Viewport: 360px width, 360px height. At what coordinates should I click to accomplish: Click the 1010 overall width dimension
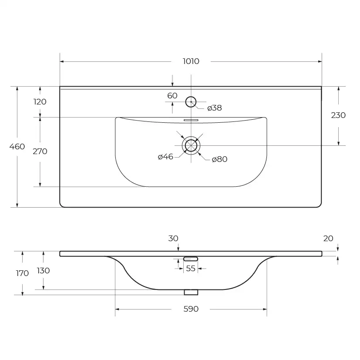point(191,61)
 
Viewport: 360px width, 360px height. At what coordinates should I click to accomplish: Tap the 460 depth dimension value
point(17,146)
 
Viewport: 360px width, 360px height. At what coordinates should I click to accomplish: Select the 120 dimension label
point(40,101)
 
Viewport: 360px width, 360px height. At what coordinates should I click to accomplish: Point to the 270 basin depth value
point(40,151)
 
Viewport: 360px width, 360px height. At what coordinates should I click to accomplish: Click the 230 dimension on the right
point(338,115)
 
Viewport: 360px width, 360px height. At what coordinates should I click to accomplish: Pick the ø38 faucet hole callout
point(215,108)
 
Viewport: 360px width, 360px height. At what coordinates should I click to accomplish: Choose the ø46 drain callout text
point(165,157)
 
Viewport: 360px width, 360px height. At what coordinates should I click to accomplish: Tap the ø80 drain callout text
point(219,159)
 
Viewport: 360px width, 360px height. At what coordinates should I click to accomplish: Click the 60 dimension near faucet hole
point(172,95)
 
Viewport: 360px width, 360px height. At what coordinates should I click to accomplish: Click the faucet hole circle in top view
point(191,102)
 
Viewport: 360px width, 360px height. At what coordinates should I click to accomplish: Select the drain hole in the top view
point(191,145)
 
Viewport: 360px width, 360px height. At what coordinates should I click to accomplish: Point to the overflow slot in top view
point(191,120)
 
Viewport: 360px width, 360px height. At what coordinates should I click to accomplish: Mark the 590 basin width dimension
point(191,309)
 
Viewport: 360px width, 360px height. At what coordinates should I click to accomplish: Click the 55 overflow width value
point(191,269)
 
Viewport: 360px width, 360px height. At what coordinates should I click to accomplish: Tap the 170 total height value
point(22,273)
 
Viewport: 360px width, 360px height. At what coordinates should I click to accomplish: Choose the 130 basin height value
point(43,271)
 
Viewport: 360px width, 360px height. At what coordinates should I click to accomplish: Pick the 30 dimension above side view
point(173,239)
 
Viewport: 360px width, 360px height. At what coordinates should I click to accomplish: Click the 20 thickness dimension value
point(328,239)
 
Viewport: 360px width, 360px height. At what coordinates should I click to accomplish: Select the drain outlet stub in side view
point(191,292)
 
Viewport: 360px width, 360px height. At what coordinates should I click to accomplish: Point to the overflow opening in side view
point(191,259)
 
